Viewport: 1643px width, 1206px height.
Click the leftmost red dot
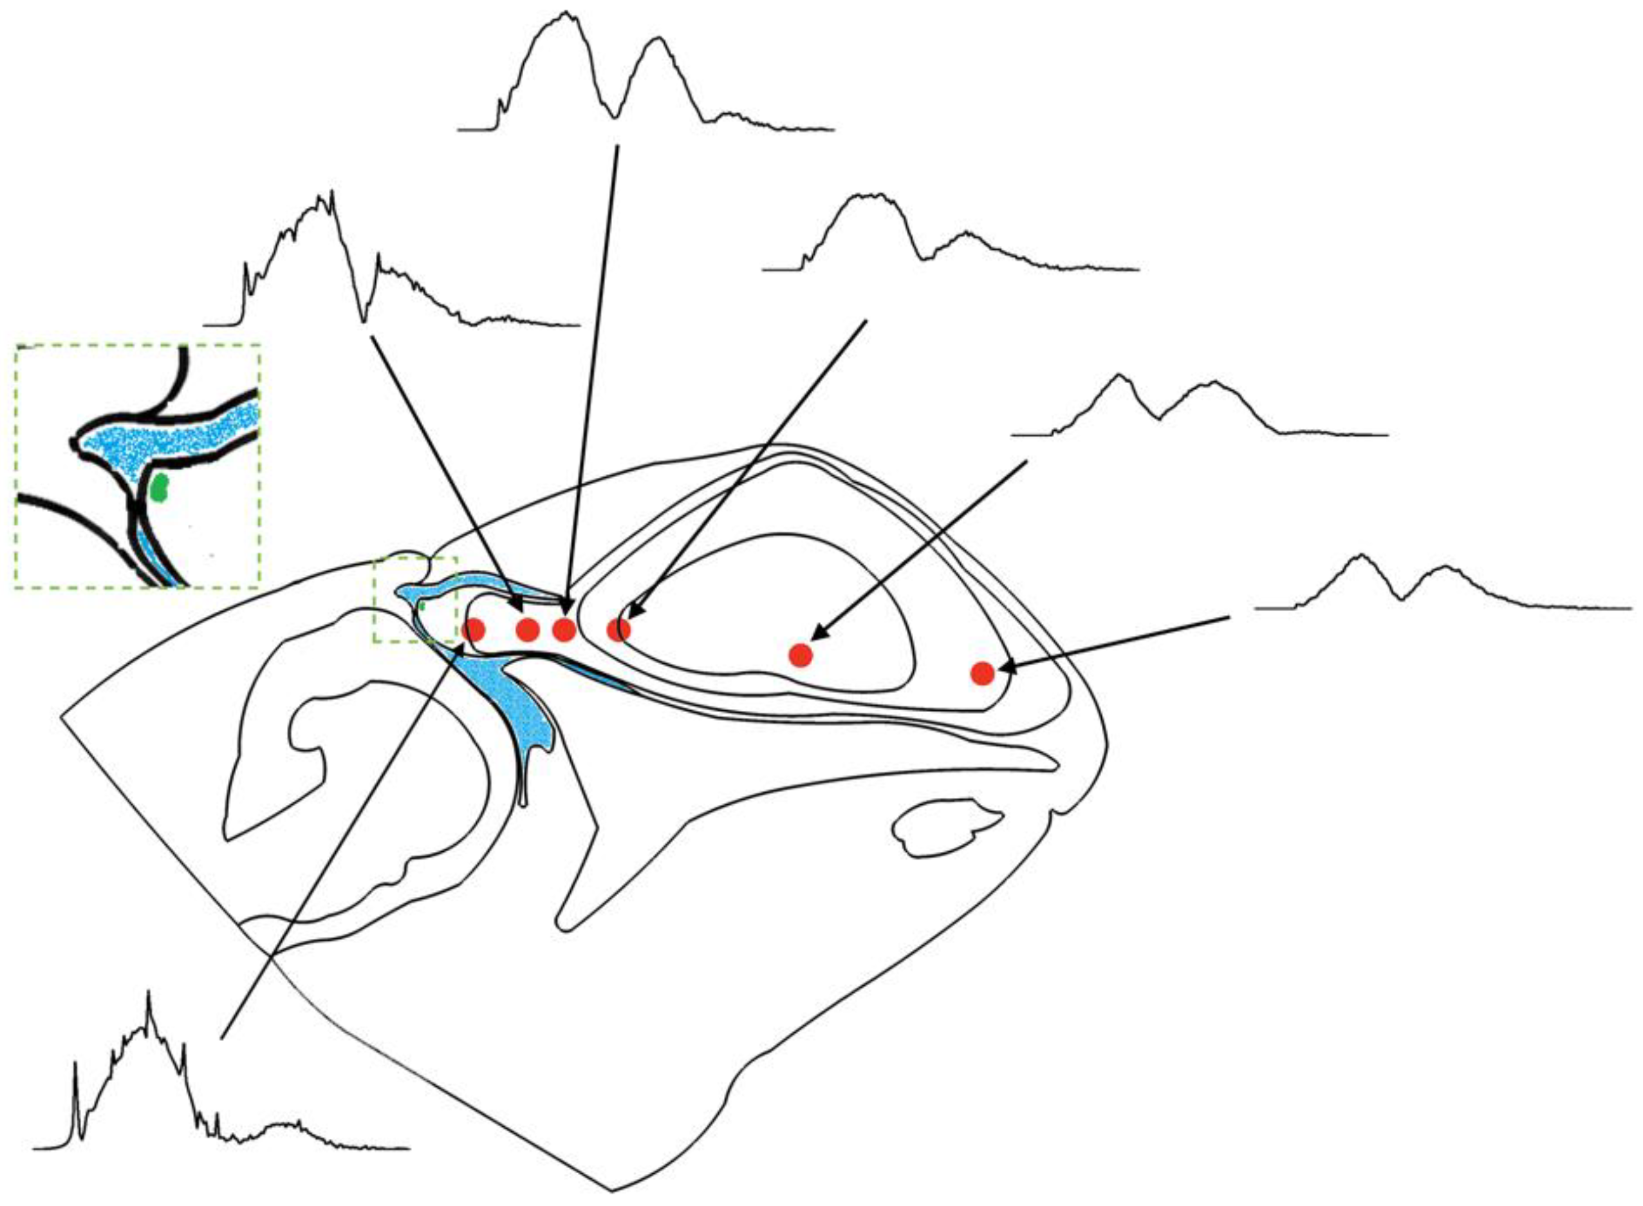(474, 628)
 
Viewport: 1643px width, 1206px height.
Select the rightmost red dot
(982, 672)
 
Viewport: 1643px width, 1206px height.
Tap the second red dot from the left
(528, 628)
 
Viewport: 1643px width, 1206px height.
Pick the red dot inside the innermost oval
(801, 655)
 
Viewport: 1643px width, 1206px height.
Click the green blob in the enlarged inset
(158, 487)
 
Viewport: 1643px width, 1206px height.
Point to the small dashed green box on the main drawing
(415, 599)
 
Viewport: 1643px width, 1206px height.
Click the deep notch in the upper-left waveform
(364, 320)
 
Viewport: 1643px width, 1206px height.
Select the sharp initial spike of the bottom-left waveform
(75, 1066)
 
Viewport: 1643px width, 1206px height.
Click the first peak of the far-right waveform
(1360, 557)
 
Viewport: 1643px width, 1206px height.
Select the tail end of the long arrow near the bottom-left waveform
(222, 1037)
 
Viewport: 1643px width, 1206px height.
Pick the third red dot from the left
(564, 628)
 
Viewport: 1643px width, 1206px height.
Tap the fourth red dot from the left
(618, 628)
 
